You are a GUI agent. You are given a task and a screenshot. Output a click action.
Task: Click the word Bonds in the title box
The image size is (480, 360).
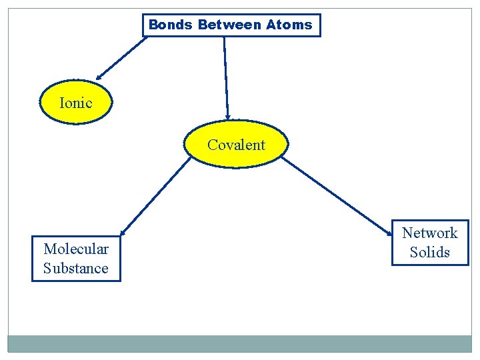[170, 25]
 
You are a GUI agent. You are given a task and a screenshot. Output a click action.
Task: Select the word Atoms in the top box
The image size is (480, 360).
[289, 25]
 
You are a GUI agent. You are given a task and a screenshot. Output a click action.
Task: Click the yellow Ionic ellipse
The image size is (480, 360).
[75, 103]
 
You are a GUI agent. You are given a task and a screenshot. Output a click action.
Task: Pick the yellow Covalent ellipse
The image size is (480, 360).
[236, 145]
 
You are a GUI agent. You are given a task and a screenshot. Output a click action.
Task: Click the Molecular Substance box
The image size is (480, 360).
[76, 259]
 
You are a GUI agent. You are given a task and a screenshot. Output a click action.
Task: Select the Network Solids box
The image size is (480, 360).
[430, 243]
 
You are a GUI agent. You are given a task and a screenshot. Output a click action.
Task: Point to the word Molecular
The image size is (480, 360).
[76, 249]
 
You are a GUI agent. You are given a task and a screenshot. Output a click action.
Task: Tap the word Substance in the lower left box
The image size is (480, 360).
[76, 268]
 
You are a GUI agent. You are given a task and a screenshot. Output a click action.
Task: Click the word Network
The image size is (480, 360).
[430, 233]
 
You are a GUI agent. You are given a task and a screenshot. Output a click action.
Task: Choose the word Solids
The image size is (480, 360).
[430, 252]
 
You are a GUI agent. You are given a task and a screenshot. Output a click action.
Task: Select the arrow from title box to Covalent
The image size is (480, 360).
[226, 77]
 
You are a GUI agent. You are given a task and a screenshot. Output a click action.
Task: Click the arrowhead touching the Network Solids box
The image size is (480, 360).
[389, 233]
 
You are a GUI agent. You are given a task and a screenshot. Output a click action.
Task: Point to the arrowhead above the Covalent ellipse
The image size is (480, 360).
[228, 115]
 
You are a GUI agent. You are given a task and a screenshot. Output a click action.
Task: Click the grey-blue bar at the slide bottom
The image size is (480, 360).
[240, 343]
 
